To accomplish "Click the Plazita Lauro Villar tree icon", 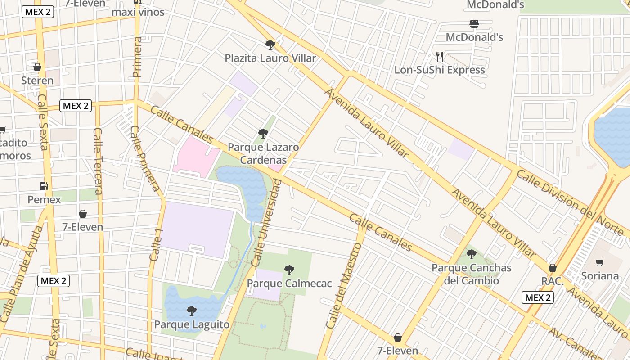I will pos(270,45).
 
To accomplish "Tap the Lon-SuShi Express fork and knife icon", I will pos(440,56).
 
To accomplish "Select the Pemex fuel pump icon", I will pos(44,186).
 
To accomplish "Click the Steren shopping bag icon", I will pos(37,67).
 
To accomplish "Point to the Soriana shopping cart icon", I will pos(599,262).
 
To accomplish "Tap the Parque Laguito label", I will pos(192,324).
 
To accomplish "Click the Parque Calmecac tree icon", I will pos(289,270).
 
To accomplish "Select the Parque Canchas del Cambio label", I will pos(471,274).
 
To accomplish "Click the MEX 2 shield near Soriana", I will pos(538,297).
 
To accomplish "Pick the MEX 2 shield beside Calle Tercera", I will pos(76,106).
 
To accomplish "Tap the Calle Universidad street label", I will pos(267,223).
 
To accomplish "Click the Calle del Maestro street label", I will pos(344,286).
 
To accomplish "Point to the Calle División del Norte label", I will pos(572,202).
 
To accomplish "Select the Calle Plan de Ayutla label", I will pos(21,274).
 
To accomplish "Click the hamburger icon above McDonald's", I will pos(474,23).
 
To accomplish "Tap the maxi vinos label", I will pos(138,12).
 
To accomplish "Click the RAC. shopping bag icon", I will pos(553,268).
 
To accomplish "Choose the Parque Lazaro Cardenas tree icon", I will pos(263,134).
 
